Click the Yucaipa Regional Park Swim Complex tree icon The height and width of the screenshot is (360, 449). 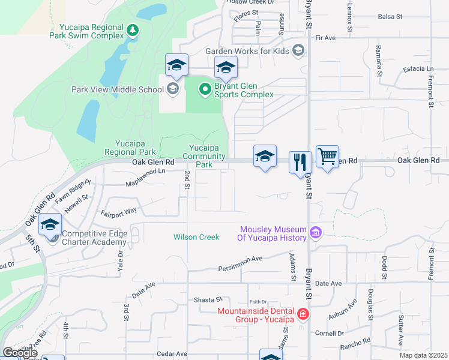pyautogui.click(x=133, y=29)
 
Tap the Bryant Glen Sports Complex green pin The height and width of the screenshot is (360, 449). pyautogui.click(x=205, y=89)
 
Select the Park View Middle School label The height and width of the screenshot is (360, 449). pyautogui.click(x=117, y=90)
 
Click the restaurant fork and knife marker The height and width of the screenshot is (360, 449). pyautogui.click(x=300, y=162)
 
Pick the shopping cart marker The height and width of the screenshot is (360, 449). pyautogui.click(x=327, y=157)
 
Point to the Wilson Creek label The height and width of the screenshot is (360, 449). pyautogui.click(x=196, y=237)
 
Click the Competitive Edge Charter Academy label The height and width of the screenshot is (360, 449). pyautogui.click(x=94, y=238)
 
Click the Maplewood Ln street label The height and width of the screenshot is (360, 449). pyautogui.click(x=146, y=173)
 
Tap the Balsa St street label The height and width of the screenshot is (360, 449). pyautogui.click(x=390, y=17)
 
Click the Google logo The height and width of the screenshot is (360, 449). pyautogui.click(x=20, y=353)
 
